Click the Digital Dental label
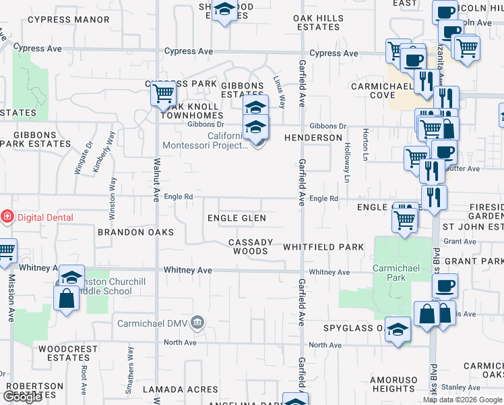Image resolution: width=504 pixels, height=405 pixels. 45,217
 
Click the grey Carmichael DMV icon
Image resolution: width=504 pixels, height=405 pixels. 197,321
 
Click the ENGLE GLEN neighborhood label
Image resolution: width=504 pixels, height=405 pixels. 237,218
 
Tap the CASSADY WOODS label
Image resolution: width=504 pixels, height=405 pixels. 251,246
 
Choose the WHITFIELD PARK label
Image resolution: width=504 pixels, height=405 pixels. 323,247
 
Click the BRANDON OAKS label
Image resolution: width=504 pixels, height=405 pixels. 135,232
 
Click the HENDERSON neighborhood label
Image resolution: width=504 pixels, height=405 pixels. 313,138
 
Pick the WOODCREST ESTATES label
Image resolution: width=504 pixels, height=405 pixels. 64,353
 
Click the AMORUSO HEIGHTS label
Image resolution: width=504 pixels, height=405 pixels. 393,384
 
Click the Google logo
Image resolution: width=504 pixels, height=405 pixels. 23,397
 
